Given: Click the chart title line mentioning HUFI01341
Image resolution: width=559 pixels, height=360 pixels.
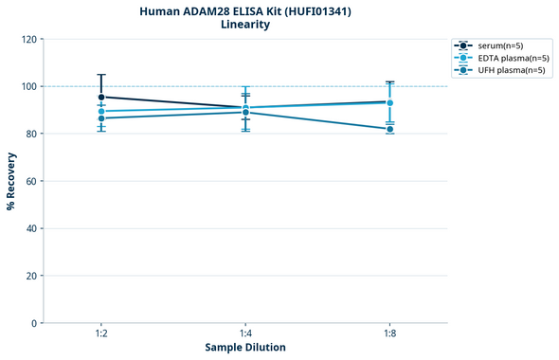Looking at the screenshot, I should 244,10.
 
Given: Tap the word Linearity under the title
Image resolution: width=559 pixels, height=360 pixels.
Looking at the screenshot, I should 244,25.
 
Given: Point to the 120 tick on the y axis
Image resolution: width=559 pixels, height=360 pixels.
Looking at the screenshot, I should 28,39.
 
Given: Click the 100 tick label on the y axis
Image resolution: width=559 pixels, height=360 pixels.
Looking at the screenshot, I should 28,86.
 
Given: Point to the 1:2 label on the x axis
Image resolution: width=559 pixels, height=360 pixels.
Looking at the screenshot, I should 101,334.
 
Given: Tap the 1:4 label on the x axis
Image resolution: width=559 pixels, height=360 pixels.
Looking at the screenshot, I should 245,334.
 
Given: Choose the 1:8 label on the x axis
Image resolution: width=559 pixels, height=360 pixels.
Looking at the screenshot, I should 389,334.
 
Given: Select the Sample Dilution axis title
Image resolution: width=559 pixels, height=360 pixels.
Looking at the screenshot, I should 245,348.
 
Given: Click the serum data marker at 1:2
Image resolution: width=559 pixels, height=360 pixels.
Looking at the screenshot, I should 101,97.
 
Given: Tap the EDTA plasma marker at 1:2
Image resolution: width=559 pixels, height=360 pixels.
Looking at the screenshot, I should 101,111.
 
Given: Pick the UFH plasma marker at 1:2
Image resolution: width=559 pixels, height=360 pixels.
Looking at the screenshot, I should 101,118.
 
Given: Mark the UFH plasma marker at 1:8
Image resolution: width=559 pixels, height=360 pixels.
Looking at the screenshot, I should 389,129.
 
